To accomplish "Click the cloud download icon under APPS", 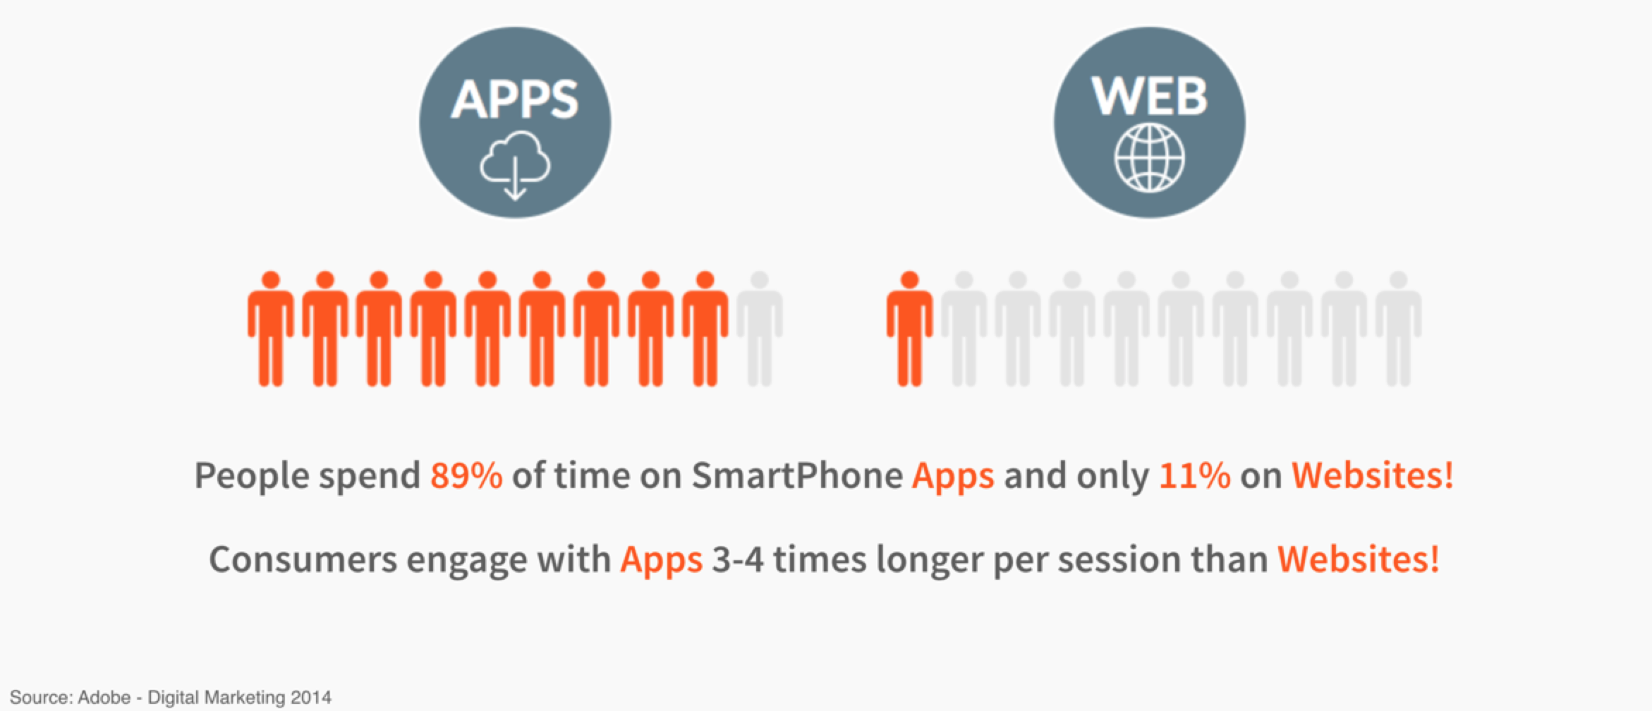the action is (x=515, y=164).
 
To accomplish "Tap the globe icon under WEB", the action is (x=1149, y=158).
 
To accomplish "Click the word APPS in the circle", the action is (x=515, y=99).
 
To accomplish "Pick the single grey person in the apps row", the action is (x=759, y=329).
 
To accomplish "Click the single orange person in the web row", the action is (x=910, y=329).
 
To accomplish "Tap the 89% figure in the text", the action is (x=466, y=475).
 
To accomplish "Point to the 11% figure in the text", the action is (x=1195, y=475).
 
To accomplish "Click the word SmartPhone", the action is (x=796, y=475).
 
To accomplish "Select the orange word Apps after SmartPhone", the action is (x=953, y=477).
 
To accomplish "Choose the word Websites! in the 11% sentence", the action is (x=1372, y=475).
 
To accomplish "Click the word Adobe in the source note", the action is (x=104, y=698).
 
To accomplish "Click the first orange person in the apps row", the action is (x=270, y=329).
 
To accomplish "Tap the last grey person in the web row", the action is (x=1398, y=329).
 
